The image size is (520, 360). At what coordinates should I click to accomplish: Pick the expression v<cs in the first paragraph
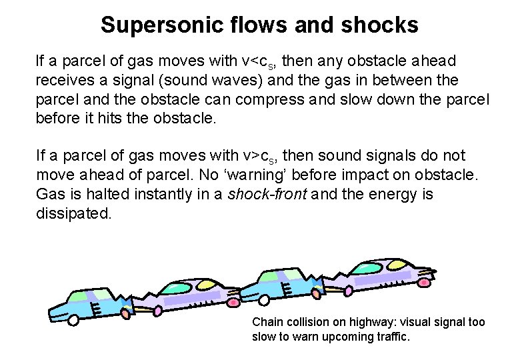point(263,62)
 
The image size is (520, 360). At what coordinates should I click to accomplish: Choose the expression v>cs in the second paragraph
point(263,156)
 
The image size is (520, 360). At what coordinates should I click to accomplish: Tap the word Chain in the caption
point(266,322)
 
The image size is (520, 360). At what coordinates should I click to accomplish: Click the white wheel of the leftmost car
point(73,320)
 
